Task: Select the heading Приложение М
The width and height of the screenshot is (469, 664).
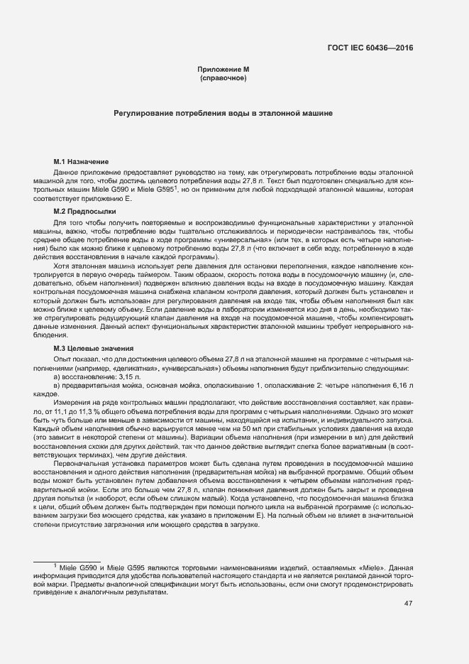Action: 224,69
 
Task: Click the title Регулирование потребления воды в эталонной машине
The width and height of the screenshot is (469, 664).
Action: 224,114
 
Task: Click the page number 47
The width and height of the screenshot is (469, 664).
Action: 408,603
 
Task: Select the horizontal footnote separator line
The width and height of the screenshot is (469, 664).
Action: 67,560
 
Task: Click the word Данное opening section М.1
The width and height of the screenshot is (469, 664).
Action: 67,173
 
